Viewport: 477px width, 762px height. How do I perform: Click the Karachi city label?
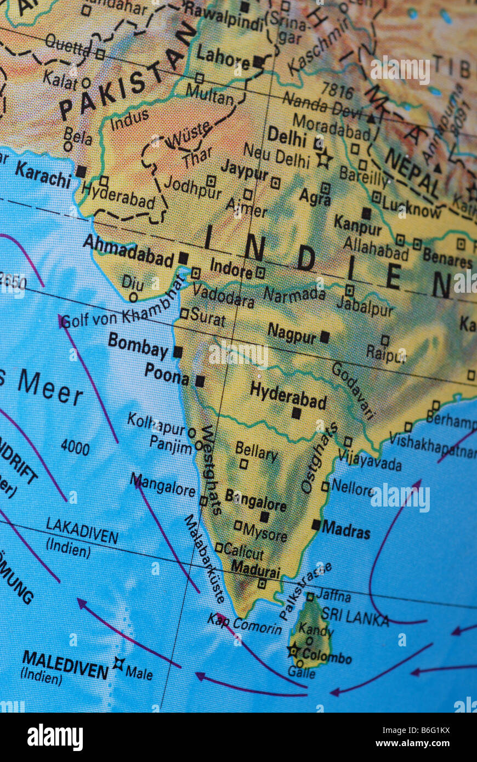click(x=43, y=174)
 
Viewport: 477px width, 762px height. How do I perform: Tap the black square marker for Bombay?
click(x=178, y=352)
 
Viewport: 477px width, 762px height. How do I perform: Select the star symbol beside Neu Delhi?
click(x=324, y=159)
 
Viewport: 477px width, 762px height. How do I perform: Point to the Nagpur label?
click(x=292, y=333)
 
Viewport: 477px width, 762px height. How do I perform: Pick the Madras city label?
click(x=346, y=530)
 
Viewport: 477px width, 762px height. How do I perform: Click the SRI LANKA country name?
click(x=355, y=617)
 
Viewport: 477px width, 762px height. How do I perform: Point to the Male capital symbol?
click(x=118, y=664)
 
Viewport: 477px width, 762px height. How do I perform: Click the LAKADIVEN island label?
click(x=81, y=531)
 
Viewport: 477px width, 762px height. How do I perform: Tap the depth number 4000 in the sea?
click(x=75, y=447)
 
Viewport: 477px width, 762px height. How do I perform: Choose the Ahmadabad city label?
click(x=128, y=251)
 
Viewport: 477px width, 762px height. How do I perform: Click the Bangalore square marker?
click(x=264, y=516)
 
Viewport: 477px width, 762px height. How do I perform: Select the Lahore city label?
click(x=223, y=56)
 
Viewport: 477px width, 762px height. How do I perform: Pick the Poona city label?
click(x=167, y=374)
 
